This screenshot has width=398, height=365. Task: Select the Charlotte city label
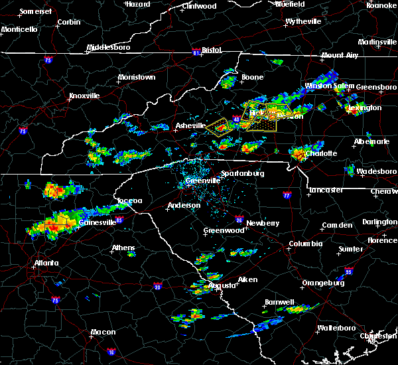click(x=321, y=153)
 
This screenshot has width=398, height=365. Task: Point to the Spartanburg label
click(x=242, y=173)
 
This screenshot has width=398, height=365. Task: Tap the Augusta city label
click(x=219, y=285)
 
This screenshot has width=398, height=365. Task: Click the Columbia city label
click(x=305, y=244)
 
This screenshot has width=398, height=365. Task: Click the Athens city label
click(x=123, y=248)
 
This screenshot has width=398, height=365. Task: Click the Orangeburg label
click(x=322, y=283)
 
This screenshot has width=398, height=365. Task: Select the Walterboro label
click(x=334, y=328)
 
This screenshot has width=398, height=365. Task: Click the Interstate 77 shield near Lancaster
click(x=287, y=196)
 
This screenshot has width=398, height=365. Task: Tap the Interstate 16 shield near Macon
click(x=111, y=352)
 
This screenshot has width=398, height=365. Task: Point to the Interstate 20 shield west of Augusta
click(x=158, y=286)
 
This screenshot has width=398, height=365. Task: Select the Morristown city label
click(x=136, y=78)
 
